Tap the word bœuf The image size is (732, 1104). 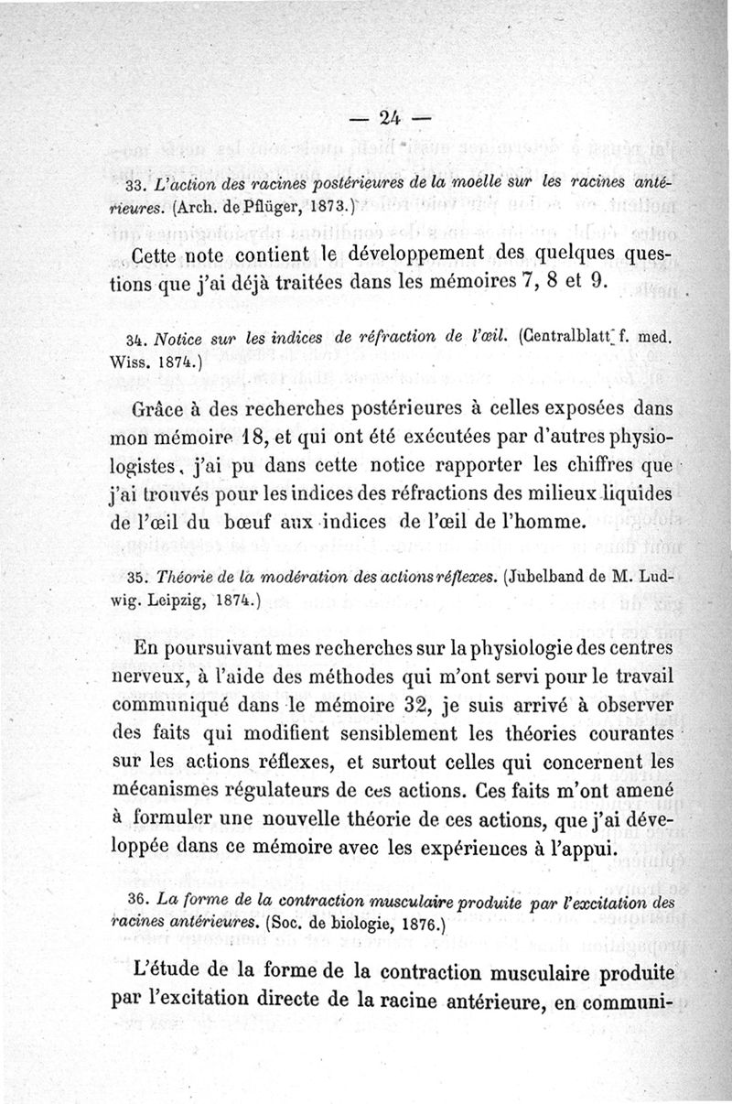pos(244,524)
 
